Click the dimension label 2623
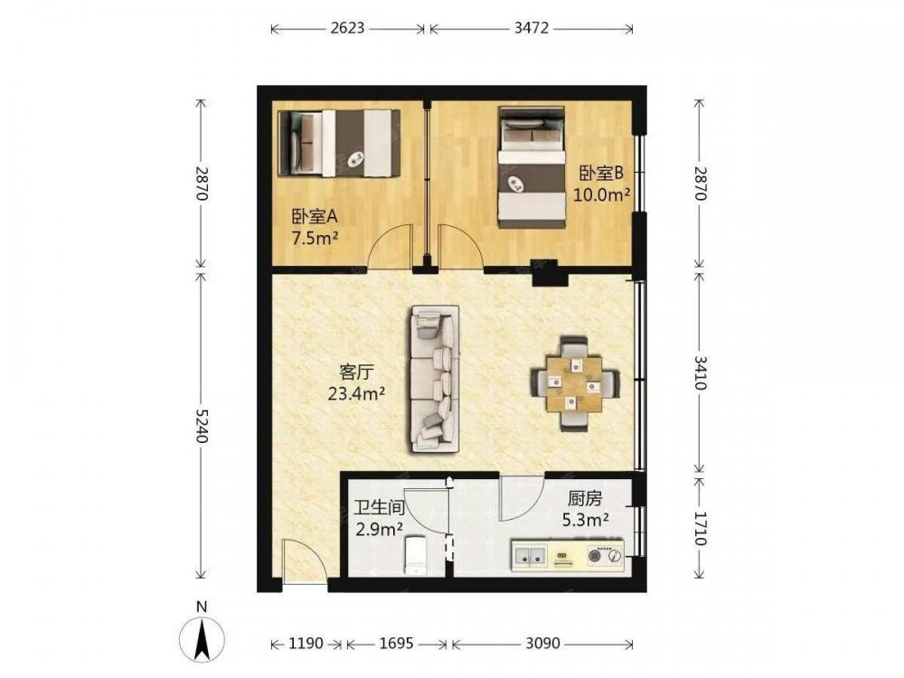pos(348,28)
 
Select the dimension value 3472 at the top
pos(531,28)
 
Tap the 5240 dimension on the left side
pos(201,426)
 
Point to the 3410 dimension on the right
pos(699,372)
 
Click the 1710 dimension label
pos(699,528)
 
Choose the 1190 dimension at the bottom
pos(306,642)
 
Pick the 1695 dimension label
pos(397,642)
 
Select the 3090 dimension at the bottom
pos(542,642)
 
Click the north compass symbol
pos(202,638)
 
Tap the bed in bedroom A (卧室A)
pos(339,143)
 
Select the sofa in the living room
pos(436,379)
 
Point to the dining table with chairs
pos(575,383)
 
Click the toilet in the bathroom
pos(416,555)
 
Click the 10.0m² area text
pos(601,194)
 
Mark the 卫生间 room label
pos(379,508)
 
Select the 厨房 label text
pos(585,499)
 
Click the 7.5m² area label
pos(315,238)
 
